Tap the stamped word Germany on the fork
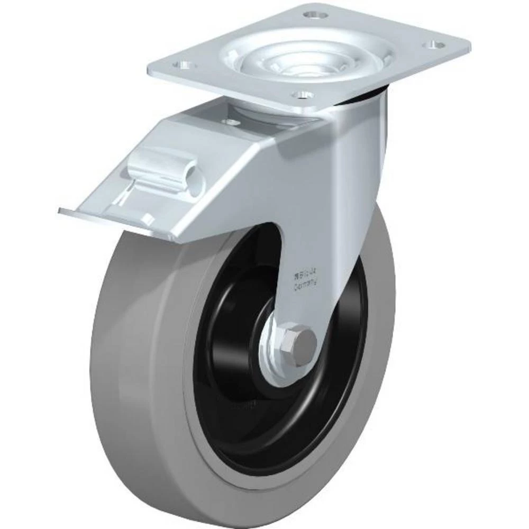(305, 284)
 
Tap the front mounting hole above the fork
(302, 95)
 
